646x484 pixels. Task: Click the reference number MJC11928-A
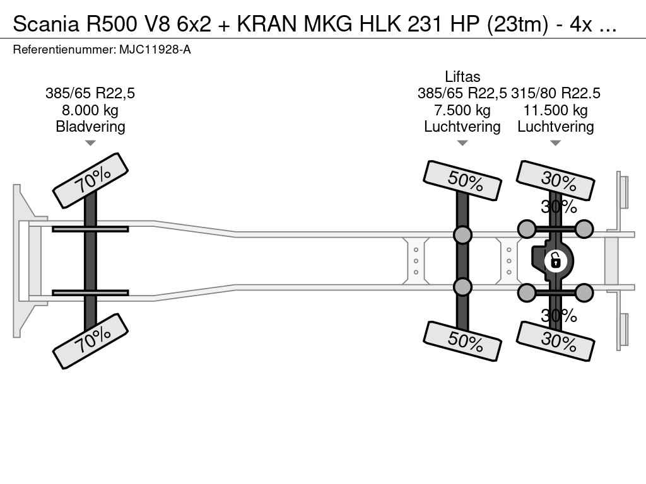point(155,50)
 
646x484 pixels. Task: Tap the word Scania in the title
point(45,25)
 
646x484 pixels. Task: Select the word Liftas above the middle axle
point(462,76)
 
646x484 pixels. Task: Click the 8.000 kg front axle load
point(90,110)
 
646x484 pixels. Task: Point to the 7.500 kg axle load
point(462,110)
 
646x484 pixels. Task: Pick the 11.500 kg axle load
point(555,110)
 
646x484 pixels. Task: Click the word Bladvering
point(90,126)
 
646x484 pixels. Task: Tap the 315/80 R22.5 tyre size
point(555,93)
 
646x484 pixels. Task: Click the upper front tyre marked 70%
point(90,180)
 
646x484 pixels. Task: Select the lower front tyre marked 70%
point(90,341)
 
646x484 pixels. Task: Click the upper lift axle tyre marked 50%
point(462,180)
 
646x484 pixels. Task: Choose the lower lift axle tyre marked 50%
point(462,341)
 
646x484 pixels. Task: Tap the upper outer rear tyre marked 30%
point(555,180)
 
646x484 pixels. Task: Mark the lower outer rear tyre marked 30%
point(555,341)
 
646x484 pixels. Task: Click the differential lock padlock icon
point(555,261)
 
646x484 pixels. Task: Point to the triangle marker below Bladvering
point(90,143)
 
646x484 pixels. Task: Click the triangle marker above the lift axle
point(462,143)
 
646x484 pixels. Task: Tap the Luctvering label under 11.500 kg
point(555,126)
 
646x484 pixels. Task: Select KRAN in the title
point(267,25)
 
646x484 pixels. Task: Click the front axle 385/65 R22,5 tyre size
point(90,93)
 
